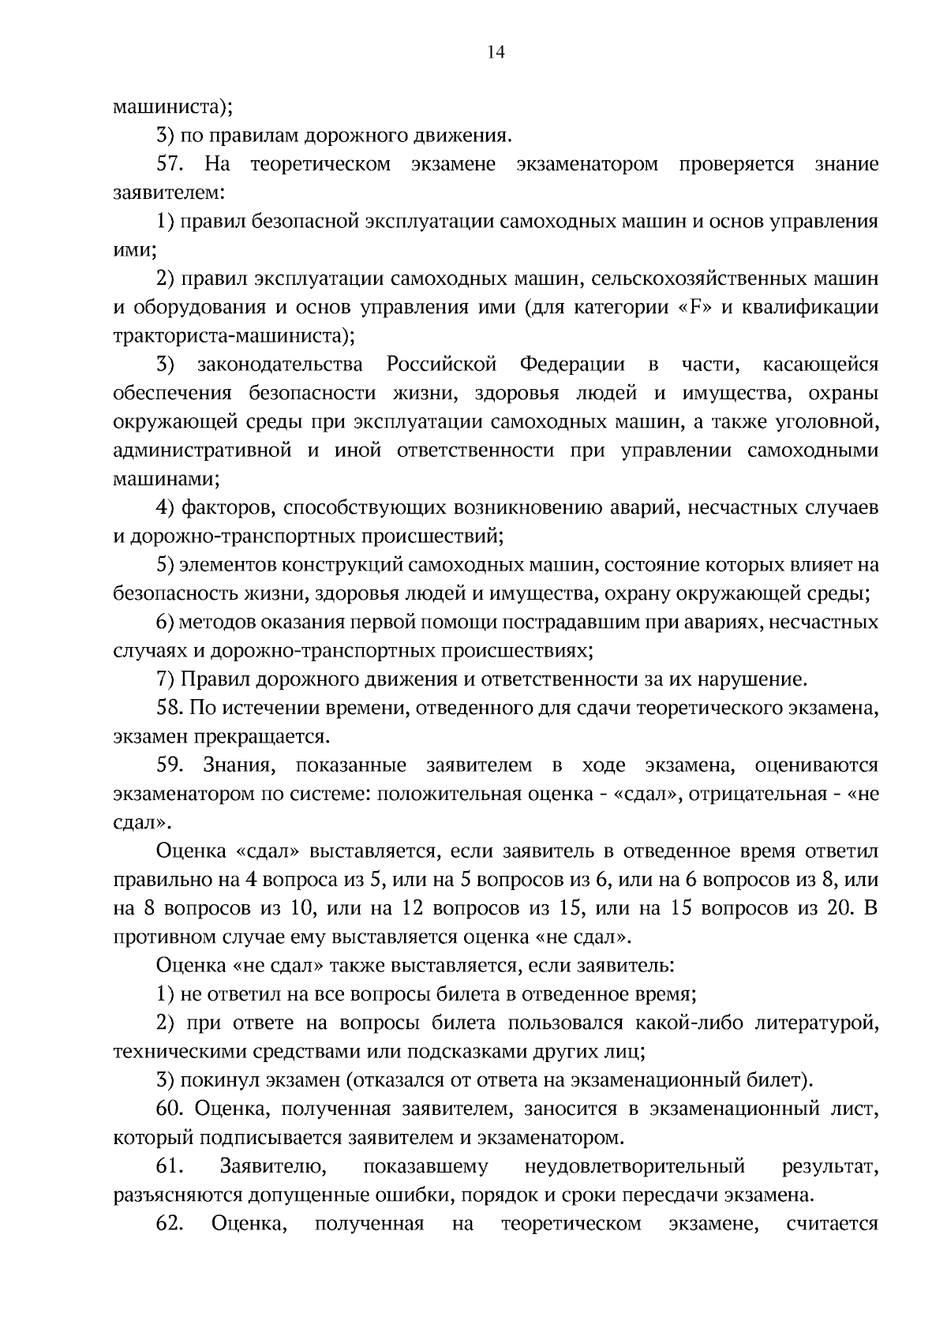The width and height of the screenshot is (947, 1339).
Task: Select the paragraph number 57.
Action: (170, 164)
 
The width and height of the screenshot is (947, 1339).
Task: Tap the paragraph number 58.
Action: (170, 708)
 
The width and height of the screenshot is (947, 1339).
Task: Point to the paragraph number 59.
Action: (170, 765)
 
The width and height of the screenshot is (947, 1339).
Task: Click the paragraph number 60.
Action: (170, 1109)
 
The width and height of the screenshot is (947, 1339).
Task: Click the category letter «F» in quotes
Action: (694, 307)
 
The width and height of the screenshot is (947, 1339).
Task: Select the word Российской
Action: (442, 365)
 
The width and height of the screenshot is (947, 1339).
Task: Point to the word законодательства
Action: (280, 365)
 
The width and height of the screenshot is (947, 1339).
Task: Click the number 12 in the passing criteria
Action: (414, 908)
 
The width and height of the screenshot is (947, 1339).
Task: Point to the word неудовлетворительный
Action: (634, 1165)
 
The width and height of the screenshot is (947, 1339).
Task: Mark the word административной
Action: (201, 451)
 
